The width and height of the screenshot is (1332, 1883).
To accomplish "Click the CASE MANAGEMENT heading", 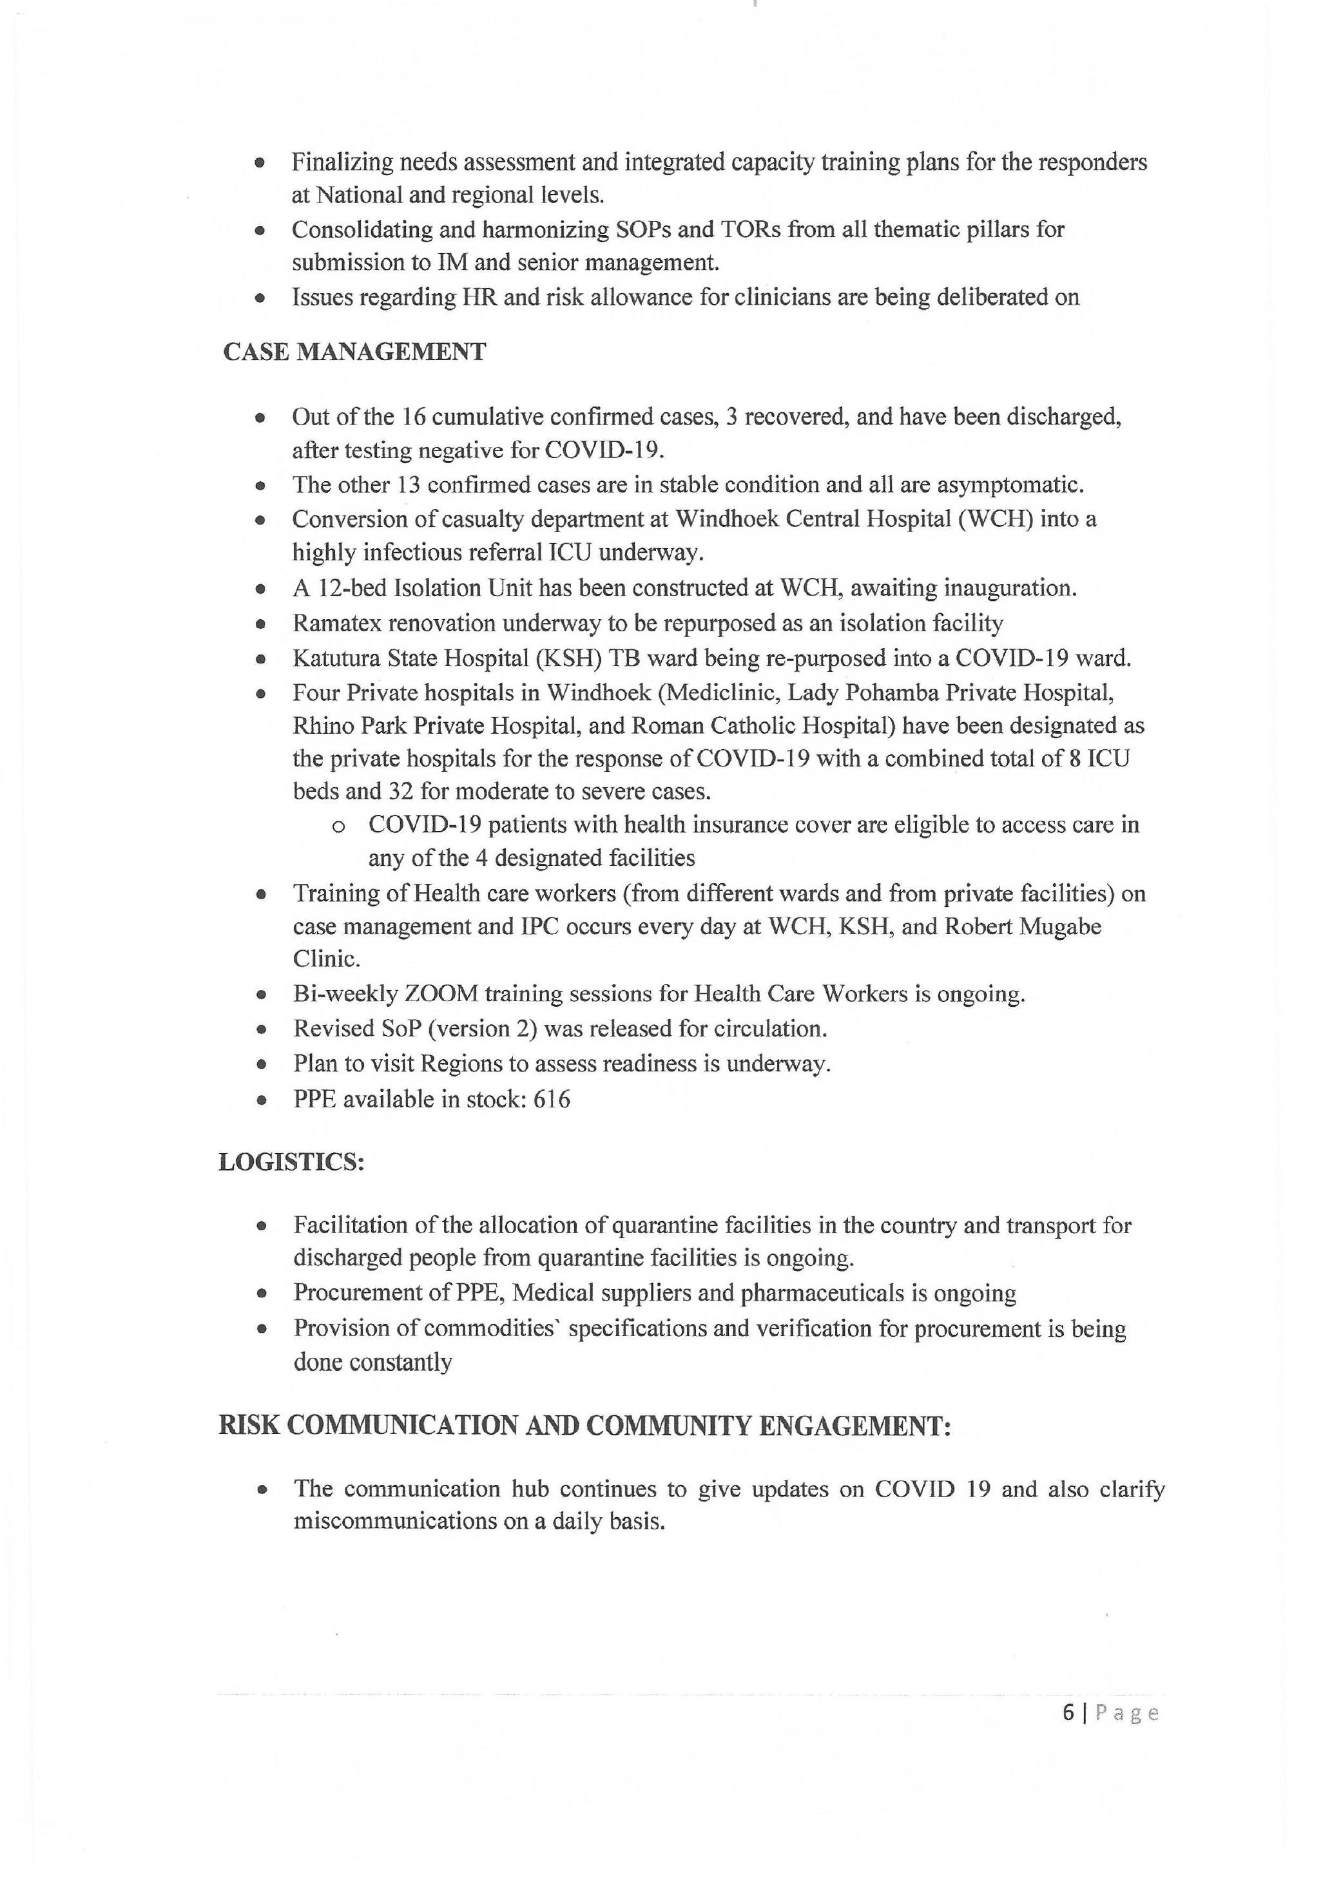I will coord(354,352).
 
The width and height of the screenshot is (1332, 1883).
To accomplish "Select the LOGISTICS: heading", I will coord(291,1162).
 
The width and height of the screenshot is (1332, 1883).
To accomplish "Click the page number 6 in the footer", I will coord(1068,1712).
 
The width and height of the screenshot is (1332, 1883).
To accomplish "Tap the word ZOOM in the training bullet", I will coord(441,994).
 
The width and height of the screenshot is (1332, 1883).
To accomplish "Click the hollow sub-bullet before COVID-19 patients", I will coord(337,826).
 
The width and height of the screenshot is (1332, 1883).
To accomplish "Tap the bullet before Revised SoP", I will coord(261,1030).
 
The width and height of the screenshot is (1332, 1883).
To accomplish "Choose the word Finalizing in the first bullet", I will coord(343,162).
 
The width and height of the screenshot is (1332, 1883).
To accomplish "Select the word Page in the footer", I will coord(1127,1712).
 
